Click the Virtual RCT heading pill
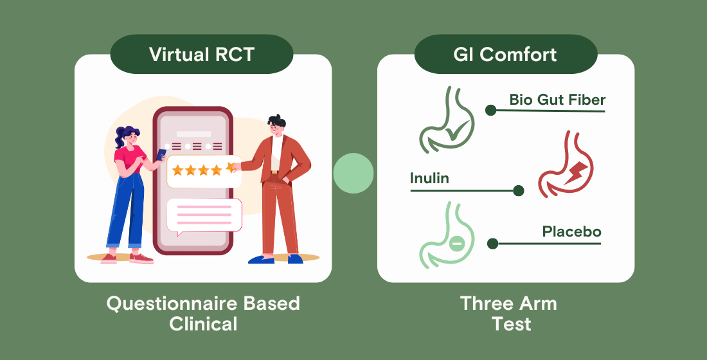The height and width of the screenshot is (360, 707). pos(202,54)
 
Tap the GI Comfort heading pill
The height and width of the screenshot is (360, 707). pos(505,54)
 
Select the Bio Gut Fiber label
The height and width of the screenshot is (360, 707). pos(557,100)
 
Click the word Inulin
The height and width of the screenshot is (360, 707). pos(429,178)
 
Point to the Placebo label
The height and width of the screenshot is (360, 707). pos(571,231)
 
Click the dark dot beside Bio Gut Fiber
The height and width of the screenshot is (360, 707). pos(491,110)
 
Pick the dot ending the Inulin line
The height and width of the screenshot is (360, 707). pos(518,190)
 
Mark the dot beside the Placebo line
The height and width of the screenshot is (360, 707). pos(492,244)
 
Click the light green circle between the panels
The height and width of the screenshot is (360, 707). pos(353,174)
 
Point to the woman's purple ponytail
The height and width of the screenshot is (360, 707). pos(121,135)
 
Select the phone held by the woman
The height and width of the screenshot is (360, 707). pos(161,155)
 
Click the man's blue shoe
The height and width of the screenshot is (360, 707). pos(261,259)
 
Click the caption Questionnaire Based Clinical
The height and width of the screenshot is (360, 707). pos(203,312)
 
